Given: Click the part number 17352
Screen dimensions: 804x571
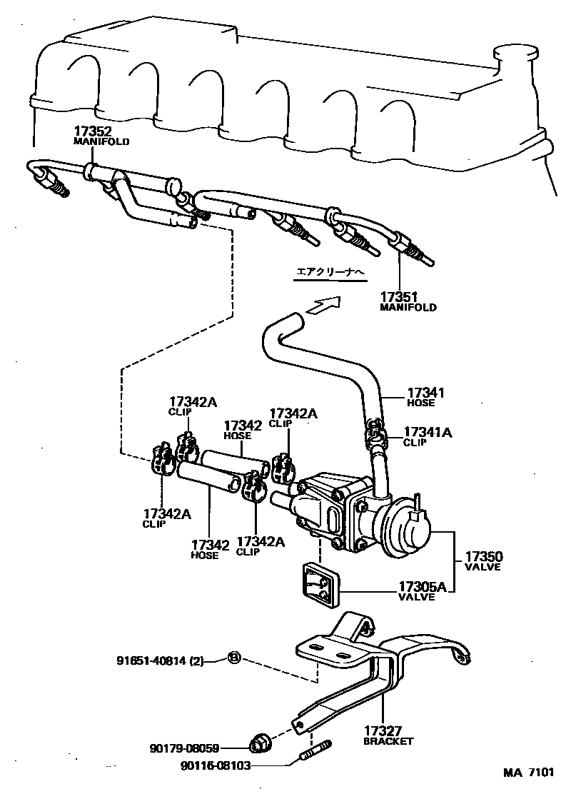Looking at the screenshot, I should tap(91, 131).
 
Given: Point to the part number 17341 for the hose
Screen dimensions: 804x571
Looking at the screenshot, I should tap(426, 392).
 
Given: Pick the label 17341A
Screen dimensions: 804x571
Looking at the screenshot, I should tap(428, 432).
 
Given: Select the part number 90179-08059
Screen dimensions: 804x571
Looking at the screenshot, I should tap(184, 748).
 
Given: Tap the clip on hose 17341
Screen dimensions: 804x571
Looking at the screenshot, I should tap(375, 436).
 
